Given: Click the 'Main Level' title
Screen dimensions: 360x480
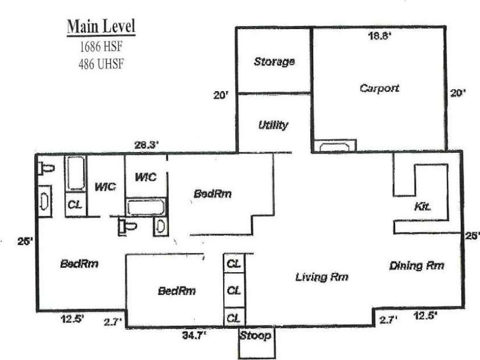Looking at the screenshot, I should point(101,27).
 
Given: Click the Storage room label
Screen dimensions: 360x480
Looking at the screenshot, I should point(274,62).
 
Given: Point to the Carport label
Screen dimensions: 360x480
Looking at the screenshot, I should point(379,88).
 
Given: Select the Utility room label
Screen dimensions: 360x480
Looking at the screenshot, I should point(273,125).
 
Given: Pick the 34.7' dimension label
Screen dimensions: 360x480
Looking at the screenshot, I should point(194,336).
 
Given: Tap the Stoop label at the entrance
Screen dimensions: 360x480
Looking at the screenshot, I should point(255,336).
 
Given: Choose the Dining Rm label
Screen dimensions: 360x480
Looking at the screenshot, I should point(417,265).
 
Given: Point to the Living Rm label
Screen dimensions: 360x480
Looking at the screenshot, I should point(321,277).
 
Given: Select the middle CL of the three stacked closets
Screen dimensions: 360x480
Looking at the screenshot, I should point(233,291).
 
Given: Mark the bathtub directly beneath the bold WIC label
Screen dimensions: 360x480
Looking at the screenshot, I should point(145,206).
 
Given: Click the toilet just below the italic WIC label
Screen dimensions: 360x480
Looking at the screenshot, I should point(129,227).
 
